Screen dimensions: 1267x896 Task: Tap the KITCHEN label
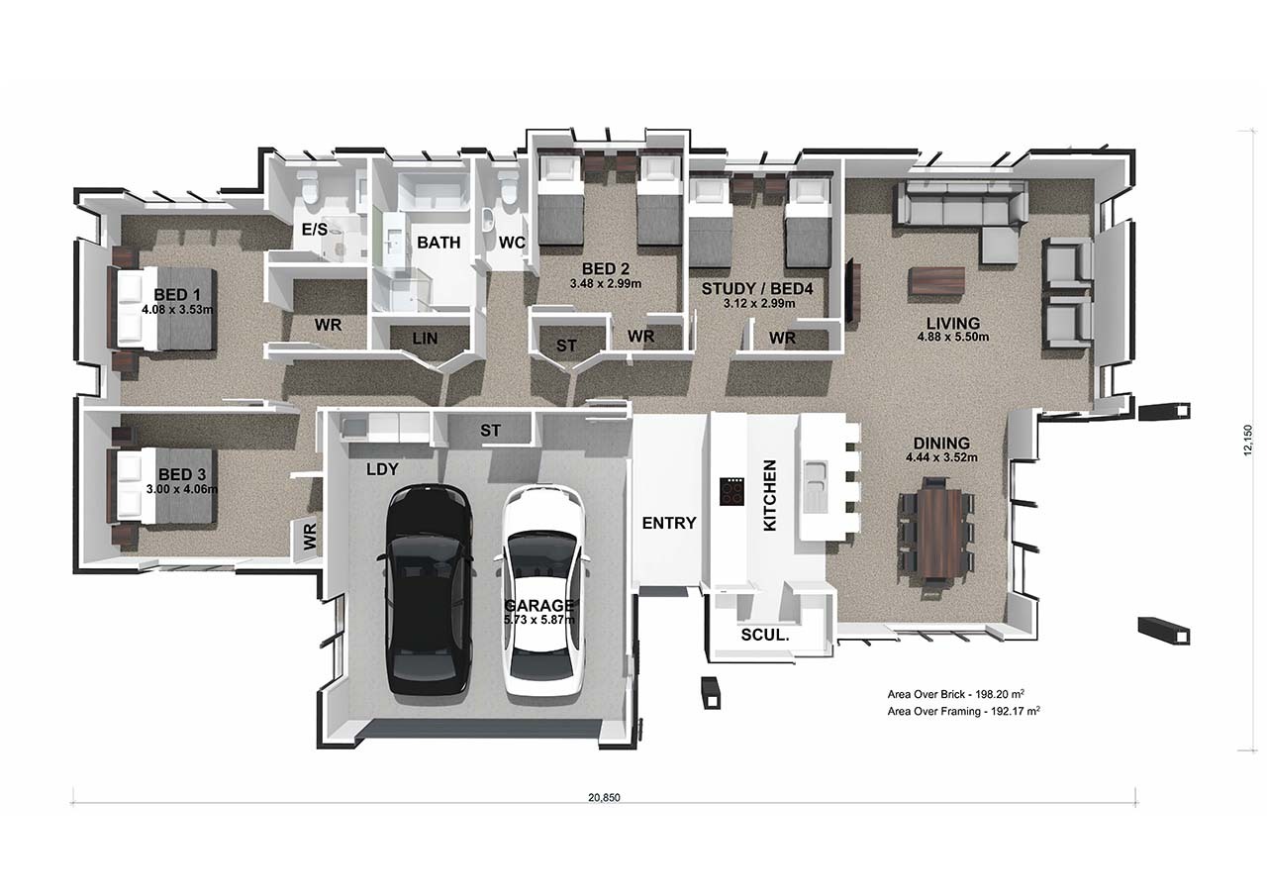point(770,495)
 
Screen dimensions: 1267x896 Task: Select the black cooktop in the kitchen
point(731,491)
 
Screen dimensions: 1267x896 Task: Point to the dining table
point(937,534)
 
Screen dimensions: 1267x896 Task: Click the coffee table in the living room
point(936,280)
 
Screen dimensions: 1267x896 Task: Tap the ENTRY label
point(668,523)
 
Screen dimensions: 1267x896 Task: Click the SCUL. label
point(765,636)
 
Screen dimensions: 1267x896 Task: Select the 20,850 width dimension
point(604,798)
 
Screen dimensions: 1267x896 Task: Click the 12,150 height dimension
point(1248,441)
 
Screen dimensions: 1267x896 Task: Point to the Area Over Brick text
point(956,694)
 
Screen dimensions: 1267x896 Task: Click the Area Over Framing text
point(963,711)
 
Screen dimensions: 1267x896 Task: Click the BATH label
point(439,243)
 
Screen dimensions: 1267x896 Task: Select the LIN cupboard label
point(425,339)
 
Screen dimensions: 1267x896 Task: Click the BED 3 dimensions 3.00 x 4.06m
point(181,489)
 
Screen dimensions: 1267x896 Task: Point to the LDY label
point(382,469)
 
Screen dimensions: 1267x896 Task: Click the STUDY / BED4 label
point(757,289)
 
